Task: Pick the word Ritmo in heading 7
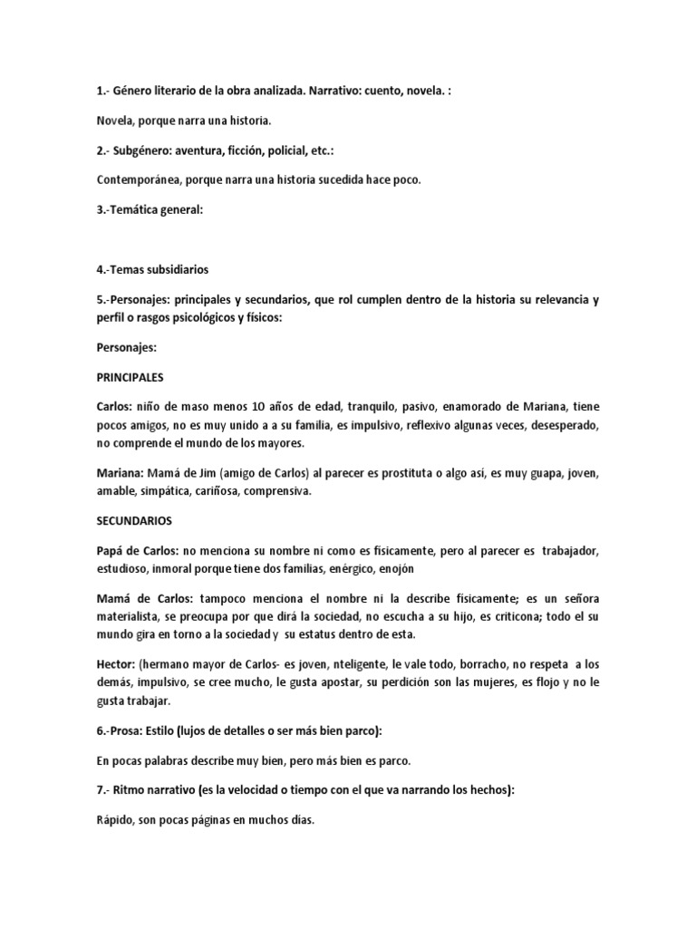click(139, 789)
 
